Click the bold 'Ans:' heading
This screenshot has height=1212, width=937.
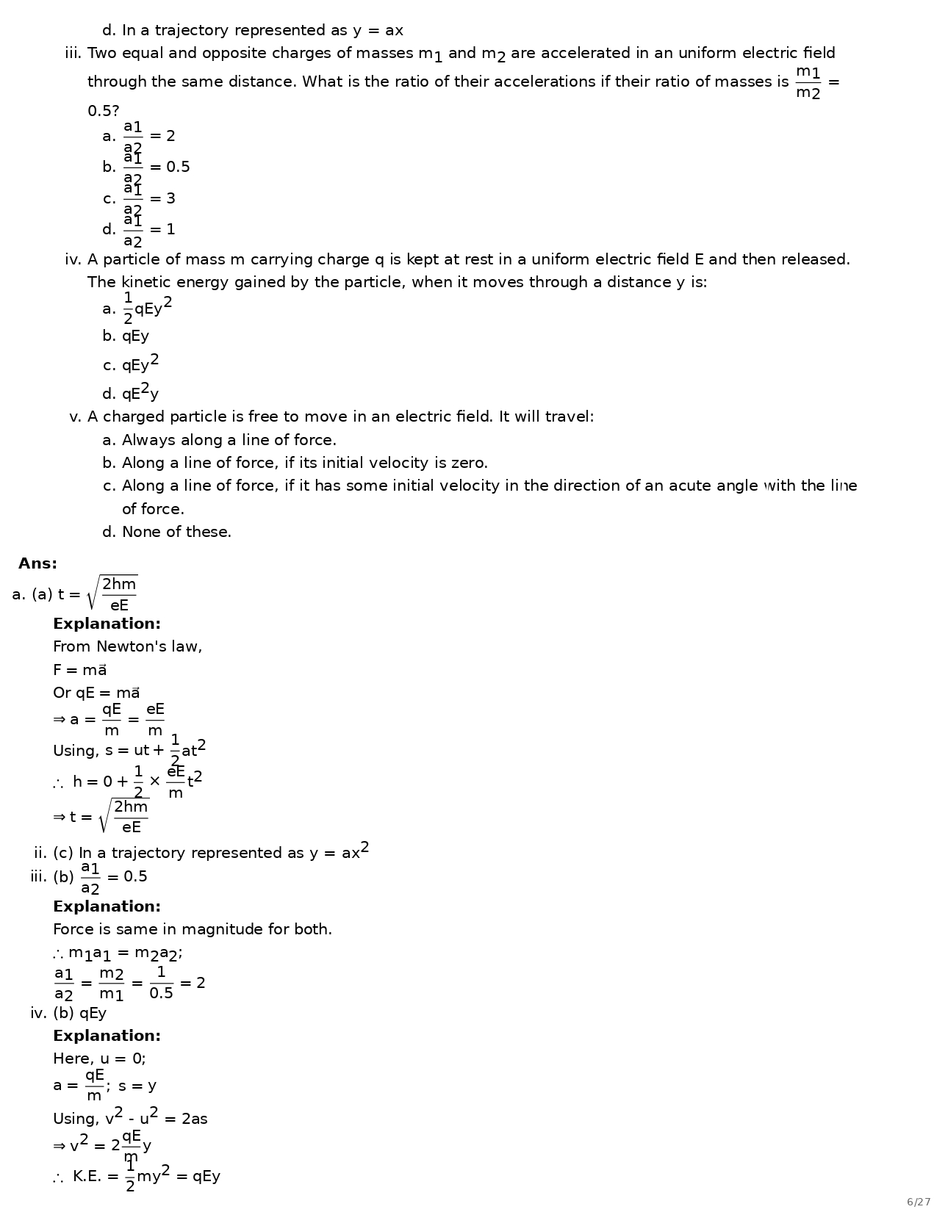click(x=37, y=564)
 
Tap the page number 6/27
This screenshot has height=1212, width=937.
click(x=918, y=1202)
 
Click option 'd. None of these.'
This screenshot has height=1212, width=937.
click(x=167, y=533)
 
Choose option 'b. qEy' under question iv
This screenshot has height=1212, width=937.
click(x=126, y=336)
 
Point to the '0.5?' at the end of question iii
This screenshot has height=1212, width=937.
click(x=103, y=111)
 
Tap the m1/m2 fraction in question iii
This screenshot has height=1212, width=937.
click(x=808, y=82)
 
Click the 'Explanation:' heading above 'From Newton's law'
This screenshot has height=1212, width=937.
click(x=107, y=624)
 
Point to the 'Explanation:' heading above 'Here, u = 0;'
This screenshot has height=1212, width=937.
click(x=107, y=1036)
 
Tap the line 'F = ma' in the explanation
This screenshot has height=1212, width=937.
click(x=79, y=671)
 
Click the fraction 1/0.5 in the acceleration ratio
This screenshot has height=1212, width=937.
click(x=161, y=983)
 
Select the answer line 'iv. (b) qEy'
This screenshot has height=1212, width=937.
click(x=68, y=1014)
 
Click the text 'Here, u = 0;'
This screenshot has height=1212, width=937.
click(x=99, y=1059)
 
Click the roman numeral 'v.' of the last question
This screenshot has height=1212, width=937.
click(x=74, y=417)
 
